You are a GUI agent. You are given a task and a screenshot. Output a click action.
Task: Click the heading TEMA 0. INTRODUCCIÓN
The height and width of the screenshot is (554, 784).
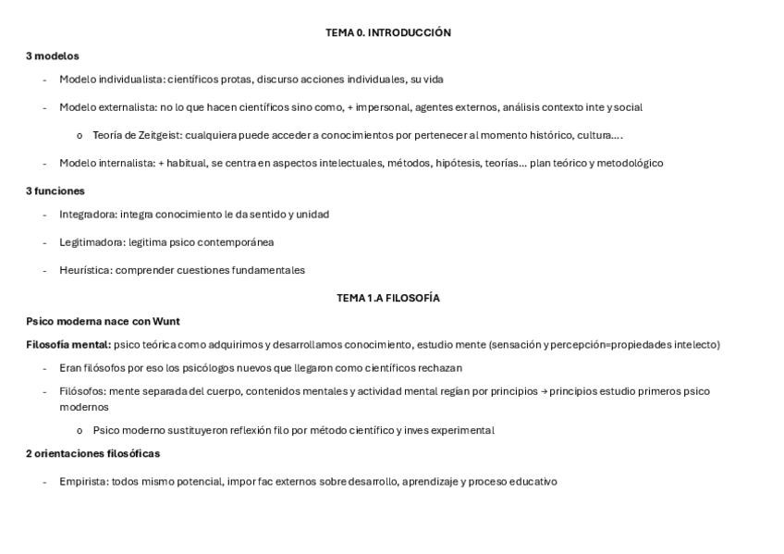pos(387,32)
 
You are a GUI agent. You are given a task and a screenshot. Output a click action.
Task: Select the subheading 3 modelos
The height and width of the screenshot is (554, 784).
pos(53,56)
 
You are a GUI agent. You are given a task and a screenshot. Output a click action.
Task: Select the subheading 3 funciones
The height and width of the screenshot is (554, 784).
pos(55,191)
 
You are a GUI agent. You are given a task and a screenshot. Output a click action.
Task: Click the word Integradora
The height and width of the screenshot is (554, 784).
pos(88,215)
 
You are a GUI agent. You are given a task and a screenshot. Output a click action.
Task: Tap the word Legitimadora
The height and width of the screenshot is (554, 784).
pos(92,242)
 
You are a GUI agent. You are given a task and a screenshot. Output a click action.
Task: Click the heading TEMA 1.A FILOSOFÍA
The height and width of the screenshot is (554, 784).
pos(387,298)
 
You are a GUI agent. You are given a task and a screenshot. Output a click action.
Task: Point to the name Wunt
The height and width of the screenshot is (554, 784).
pos(166,322)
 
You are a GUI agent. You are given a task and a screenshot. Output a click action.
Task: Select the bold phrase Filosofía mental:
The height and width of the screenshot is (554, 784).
pos(68,345)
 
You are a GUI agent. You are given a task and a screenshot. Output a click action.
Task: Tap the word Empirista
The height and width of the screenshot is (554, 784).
pos(83,482)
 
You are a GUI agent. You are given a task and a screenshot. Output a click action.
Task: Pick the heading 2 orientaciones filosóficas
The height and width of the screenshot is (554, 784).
pos(92,454)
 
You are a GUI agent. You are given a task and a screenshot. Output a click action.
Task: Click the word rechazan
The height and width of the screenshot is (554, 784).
pos(440,368)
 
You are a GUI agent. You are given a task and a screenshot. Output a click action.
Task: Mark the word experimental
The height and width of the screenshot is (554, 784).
pos(465,430)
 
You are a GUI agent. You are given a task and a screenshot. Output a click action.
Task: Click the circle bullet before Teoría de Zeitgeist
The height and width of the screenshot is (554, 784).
pos(80,136)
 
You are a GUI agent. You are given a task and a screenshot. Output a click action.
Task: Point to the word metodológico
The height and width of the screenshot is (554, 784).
pos(631,163)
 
